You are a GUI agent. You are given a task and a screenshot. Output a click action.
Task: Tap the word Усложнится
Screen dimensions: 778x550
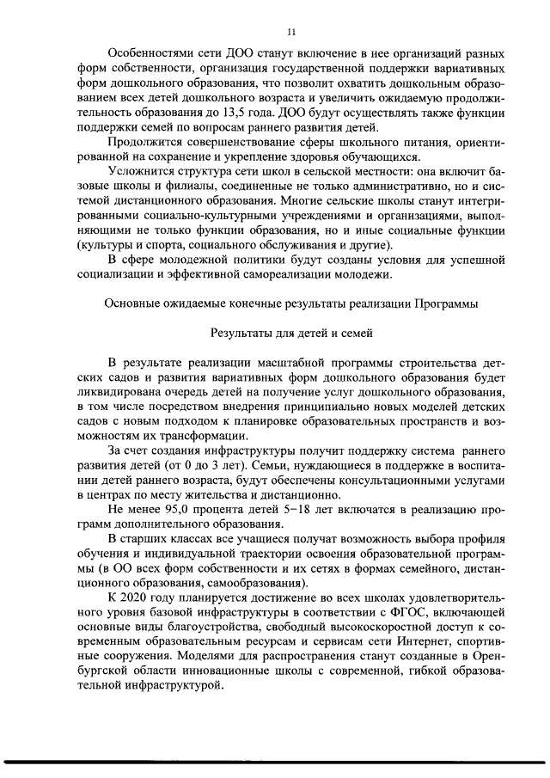[x=142, y=172]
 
